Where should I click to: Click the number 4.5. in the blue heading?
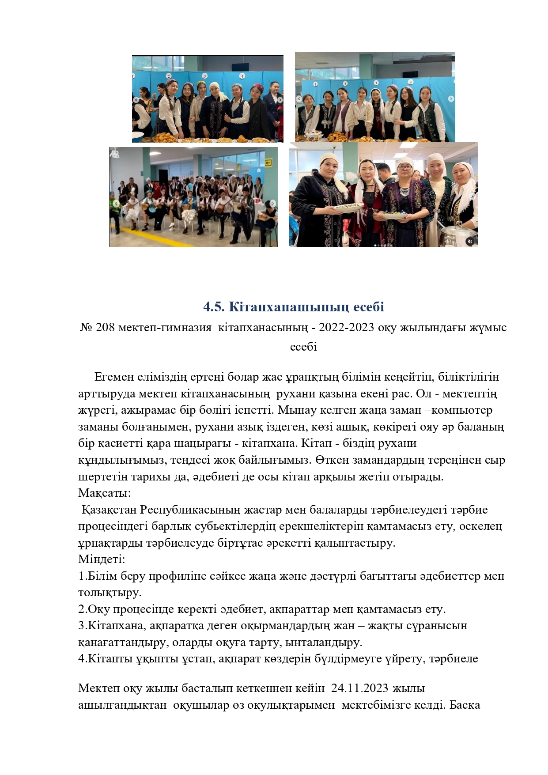click(214, 307)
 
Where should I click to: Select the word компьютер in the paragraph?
click(461, 410)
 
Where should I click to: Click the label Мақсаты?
click(104, 493)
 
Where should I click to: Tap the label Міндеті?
click(102, 560)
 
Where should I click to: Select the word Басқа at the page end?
click(465, 705)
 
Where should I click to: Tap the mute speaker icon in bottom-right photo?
click(470, 241)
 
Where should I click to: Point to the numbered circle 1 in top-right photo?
click(315, 84)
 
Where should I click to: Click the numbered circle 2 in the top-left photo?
click(168, 76)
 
